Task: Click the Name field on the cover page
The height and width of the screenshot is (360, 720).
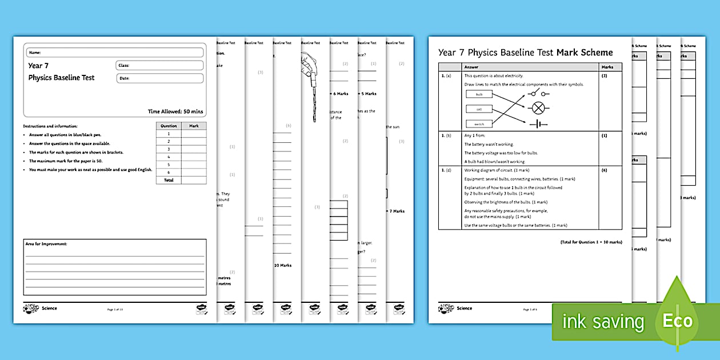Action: pyautogui.click(x=114, y=53)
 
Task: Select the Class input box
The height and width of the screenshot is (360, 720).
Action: pyautogui.click(x=159, y=65)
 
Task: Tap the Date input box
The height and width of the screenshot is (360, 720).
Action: pyautogui.click(x=159, y=78)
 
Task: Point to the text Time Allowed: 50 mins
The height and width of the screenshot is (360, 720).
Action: pyautogui.click(x=175, y=111)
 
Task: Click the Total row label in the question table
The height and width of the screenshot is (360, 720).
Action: pyautogui.click(x=169, y=180)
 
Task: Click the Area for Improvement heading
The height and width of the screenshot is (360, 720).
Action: pyautogui.click(x=46, y=244)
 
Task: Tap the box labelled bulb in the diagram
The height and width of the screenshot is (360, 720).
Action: pyautogui.click(x=479, y=94)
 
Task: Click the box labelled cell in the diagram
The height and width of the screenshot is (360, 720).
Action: pyautogui.click(x=479, y=109)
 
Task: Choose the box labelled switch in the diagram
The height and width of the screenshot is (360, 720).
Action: pyautogui.click(x=479, y=123)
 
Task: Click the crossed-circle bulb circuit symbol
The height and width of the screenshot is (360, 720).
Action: pyautogui.click(x=538, y=107)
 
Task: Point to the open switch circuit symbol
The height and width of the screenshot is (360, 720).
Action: pyautogui.click(x=538, y=93)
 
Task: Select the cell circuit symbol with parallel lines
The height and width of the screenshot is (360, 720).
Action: pyautogui.click(x=538, y=123)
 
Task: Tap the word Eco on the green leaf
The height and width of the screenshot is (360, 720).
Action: pyautogui.click(x=678, y=321)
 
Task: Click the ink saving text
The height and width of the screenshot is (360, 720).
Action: pyautogui.click(x=603, y=322)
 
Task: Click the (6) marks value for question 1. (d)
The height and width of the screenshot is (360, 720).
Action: pyautogui.click(x=604, y=170)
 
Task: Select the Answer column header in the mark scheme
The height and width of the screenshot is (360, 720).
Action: pyautogui.click(x=471, y=67)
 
